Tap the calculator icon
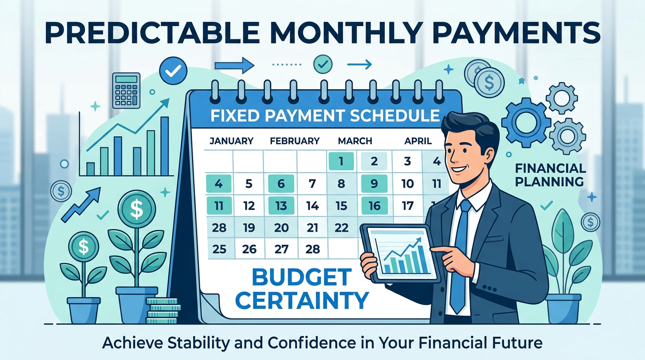pyautogui.click(x=126, y=90)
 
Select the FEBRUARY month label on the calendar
pyautogui.click(x=295, y=141)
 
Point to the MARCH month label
pyautogui.click(x=355, y=141)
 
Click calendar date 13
pyautogui.click(x=281, y=205)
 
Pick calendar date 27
pyautogui.click(x=281, y=249)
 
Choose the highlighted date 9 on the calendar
pyautogui.click(x=374, y=184)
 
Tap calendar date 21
pyautogui.click(x=313, y=228)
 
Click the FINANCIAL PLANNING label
pyautogui.click(x=550, y=174)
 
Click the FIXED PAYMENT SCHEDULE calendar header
pyautogui.click(x=325, y=115)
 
